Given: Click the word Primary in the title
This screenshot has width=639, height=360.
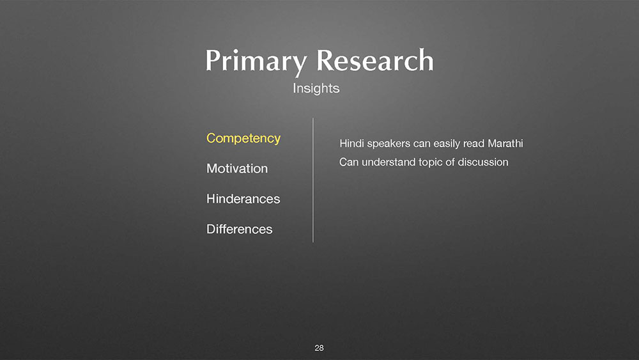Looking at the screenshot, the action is coord(256,62).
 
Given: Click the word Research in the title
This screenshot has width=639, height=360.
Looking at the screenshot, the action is coord(375,60).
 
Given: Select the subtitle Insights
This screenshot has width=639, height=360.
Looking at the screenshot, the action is coord(316,88).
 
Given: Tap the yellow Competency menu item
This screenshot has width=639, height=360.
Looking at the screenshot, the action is coord(243,139).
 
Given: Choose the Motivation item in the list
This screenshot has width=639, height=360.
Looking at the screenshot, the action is coord(237,168).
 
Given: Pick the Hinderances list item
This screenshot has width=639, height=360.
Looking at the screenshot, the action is coord(243,199).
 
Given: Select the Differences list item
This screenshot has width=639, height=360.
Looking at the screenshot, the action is coord(239,229).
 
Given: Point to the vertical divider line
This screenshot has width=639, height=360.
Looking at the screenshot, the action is coord(313,180).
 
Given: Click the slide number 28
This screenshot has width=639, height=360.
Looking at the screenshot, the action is coord(319,348).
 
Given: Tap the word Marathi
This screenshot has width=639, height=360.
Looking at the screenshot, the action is coord(505,143).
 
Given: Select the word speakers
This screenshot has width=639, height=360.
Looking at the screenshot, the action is coord(389,144).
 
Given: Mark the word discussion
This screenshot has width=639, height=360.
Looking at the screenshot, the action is coord(483,162).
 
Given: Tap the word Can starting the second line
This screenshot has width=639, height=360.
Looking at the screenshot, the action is coord(349,162).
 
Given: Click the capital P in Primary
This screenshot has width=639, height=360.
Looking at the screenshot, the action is coord(213,60).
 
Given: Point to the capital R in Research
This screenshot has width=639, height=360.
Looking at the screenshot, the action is coord(326,60).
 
